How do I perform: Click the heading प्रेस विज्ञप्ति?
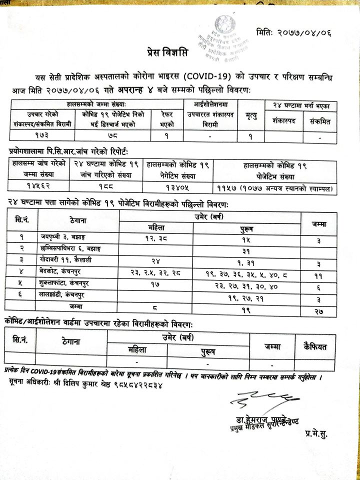click(x=165, y=52)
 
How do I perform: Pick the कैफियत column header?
click(x=318, y=344)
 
